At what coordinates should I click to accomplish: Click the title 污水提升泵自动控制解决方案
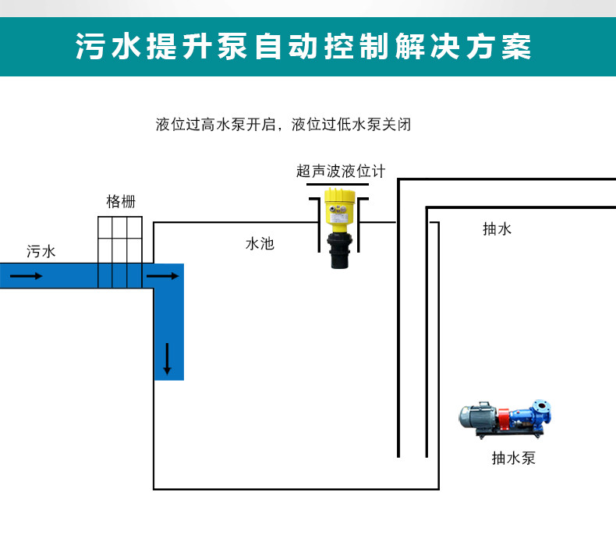(304, 46)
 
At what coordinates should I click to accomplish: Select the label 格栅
(120, 201)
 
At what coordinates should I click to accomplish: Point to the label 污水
(41, 252)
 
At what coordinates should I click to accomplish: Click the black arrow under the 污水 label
(27, 276)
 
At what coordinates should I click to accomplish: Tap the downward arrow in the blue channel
(167, 358)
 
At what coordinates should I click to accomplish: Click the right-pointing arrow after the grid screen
(163, 275)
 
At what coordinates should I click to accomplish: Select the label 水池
(260, 244)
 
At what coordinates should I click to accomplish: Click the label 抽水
(497, 229)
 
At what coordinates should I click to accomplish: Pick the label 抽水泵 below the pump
(514, 458)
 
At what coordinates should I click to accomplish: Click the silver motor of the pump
(477, 416)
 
